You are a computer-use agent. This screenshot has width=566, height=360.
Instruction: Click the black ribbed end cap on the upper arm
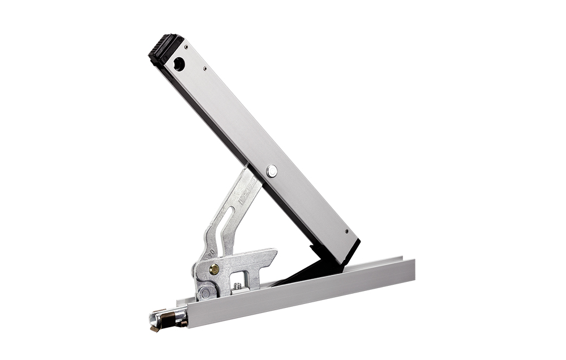click(165, 48)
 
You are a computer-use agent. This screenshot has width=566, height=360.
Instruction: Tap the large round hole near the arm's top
click(179, 64)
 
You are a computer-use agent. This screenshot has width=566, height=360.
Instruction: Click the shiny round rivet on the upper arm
click(273, 170)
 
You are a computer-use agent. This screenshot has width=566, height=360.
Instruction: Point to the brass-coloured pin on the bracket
click(215, 269)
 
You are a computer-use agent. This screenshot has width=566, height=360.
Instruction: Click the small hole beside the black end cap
click(186, 47)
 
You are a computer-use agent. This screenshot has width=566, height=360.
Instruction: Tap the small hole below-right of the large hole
click(204, 69)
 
